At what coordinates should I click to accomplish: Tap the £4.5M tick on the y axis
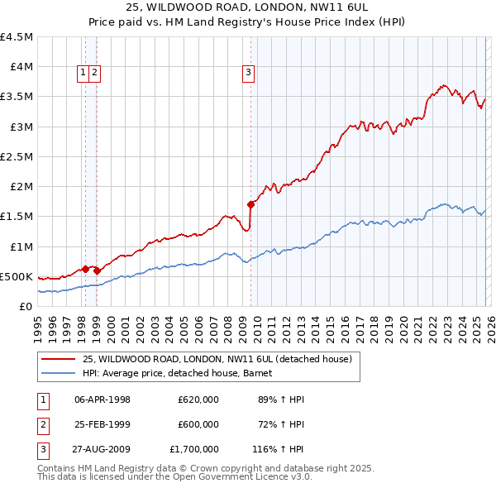[x=17, y=37]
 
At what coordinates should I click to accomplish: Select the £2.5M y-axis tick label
[x=17, y=156]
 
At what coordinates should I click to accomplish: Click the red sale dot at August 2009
[x=250, y=203]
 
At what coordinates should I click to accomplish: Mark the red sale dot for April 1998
[x=85, y=268]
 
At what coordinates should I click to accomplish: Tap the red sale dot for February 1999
[x=98, y=270]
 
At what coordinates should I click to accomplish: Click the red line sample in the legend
[x=58, y=359]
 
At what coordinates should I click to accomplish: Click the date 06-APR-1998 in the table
[x=103, y=399]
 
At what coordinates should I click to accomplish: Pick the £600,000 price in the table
[x=198, y=424]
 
